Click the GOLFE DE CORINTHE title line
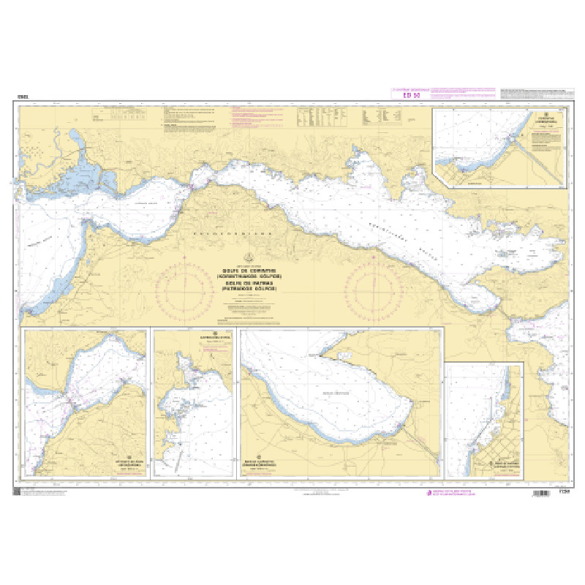click(x=252, y=269)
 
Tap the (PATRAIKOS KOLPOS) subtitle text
click(x=252, y=290)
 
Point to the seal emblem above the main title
click(x=252, y=257)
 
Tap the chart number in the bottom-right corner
click(x=564, y=490)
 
